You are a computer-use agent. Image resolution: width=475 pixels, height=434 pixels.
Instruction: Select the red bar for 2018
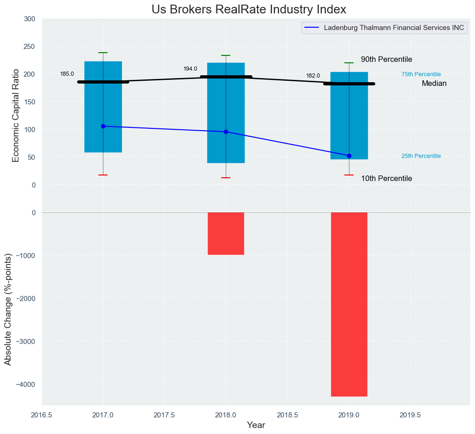pos(226,233)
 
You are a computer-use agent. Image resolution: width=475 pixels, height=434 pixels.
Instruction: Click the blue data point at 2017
pos(103,126)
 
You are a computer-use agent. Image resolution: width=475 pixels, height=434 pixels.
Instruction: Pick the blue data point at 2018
pos(226,132)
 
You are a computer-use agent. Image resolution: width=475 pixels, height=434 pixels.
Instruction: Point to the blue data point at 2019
pos(349,156)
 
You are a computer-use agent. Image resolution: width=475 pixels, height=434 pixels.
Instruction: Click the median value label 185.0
pos(67,74)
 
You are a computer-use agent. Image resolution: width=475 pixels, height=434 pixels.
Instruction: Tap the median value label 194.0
pos(190,69)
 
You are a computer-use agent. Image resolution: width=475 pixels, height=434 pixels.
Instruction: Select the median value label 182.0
pos(313,76)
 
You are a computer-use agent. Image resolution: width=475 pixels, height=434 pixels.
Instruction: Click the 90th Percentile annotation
pos(386,60)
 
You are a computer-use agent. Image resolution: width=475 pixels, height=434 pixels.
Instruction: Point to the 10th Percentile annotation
pos(386,179)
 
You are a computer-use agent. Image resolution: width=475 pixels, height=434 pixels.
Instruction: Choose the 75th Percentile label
pos(421,74)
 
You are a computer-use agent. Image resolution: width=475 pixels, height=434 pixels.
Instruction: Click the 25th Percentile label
pos(421,156)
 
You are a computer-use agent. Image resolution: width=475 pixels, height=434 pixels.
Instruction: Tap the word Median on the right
pos(434,84)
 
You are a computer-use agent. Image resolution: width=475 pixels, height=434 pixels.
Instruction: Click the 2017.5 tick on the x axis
pos(164,415)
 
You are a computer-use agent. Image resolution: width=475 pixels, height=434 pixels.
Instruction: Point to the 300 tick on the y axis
pos(30,19)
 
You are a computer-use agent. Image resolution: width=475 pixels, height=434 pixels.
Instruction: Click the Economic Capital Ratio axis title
pos(16,115)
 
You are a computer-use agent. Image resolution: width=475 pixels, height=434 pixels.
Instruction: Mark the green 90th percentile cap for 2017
pos(103,53)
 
